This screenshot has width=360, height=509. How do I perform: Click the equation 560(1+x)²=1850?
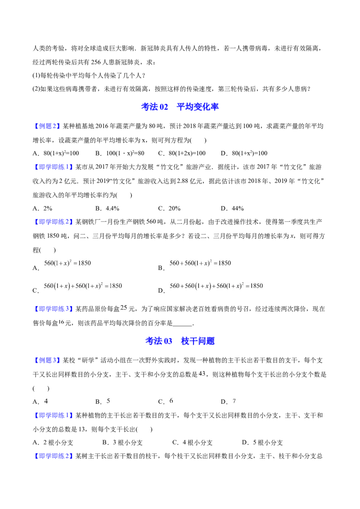click(x=67, y=263)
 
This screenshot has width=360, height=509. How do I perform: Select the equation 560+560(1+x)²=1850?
click(x=200, y=263)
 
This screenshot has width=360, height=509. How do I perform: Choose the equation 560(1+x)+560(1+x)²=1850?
click(x=83, y=286)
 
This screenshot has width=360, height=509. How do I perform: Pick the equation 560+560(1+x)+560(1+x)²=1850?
click(x=216, y=286)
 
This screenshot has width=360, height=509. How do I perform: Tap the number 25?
click(x=124, y=308)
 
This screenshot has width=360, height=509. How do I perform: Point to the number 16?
click(x=62, y=322)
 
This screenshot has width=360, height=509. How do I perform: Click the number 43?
click(x=202, y=373)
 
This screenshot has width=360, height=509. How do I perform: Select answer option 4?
click(x=45, y=401)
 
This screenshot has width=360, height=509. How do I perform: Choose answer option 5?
click(x=108, y=401)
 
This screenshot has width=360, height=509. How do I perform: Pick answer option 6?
click(x=171, y=401)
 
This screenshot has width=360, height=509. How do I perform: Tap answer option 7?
click(x=234, y=401)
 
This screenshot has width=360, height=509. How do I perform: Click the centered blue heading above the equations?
click(x=180, y=107)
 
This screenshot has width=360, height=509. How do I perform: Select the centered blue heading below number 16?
click(x=180, y=341)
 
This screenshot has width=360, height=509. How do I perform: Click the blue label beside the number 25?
click(x=54, y=309)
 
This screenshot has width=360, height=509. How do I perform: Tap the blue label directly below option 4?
click(x=54, y=415)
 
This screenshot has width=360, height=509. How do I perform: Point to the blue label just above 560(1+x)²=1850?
click(x=54, y=222)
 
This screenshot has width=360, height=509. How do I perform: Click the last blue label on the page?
click(x=54, y=456)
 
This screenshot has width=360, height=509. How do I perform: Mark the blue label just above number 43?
click(x=47, y=360)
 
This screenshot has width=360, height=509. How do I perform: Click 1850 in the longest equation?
click(x=256, y=286)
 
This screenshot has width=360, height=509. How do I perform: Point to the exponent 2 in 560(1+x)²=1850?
click(x=71, y=261)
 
